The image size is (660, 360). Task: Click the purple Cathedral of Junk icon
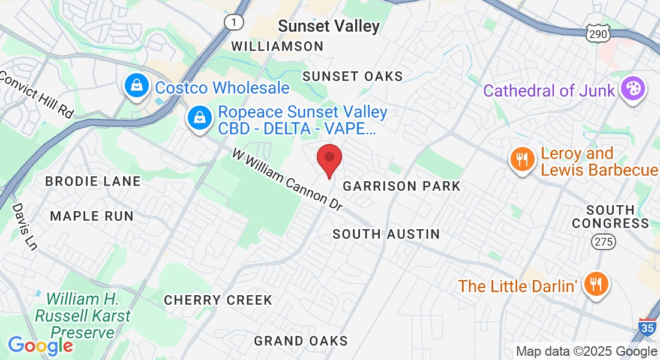(632, 89)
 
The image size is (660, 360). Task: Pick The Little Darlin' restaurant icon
(596, 284)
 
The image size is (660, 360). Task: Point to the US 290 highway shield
(598, 34)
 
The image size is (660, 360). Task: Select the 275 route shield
(602, 241)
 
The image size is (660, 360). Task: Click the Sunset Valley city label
(329, 26)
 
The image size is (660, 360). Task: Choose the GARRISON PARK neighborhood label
(401, 186)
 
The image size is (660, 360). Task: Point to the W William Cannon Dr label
(287, 180)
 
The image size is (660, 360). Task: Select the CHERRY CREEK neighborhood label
(218, 300)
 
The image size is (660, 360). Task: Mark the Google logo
(40, 346)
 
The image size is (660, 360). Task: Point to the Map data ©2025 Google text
(587, 352)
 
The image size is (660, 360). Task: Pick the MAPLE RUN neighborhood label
(91, 216)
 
